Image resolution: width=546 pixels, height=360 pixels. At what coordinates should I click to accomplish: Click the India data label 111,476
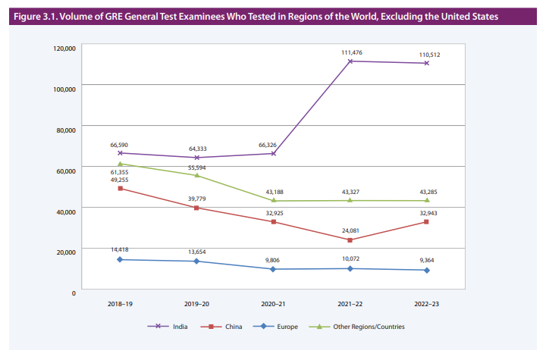point(350,52)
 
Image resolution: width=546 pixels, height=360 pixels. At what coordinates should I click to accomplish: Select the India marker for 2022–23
point(427,63)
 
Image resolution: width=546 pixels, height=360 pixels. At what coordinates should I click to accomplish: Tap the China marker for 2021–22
point(350,240)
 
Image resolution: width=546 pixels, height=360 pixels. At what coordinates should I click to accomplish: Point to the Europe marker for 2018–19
point(120,260)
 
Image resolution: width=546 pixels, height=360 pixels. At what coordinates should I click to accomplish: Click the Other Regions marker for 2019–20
point(196,175)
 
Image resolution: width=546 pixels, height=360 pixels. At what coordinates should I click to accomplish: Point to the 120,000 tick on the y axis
point(64,49)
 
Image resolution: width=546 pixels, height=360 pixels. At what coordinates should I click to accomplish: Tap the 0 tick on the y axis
point(74,293)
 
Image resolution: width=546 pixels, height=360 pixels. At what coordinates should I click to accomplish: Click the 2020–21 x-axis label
point(273,304)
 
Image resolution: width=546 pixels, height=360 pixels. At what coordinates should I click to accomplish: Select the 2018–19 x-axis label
point(120,304)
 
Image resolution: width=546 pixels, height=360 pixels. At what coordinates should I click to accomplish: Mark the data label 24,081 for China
point(350,230)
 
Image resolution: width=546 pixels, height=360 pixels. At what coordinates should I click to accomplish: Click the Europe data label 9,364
point(427,259)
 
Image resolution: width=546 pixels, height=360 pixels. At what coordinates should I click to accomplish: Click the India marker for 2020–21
point(273,154)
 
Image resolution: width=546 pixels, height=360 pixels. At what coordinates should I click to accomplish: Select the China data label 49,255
point(120,180)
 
